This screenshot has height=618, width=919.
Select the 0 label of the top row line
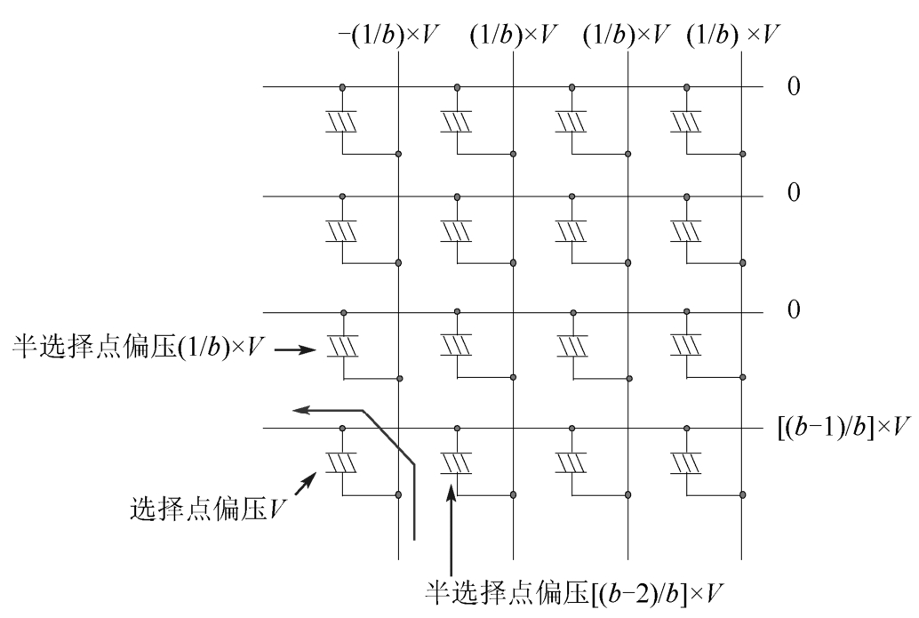point(793,87)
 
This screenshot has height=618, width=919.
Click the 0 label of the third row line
point(793,310)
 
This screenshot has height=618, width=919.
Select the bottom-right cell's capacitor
point(686,462)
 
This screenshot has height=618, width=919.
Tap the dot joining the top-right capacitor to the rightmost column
point(742,154)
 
